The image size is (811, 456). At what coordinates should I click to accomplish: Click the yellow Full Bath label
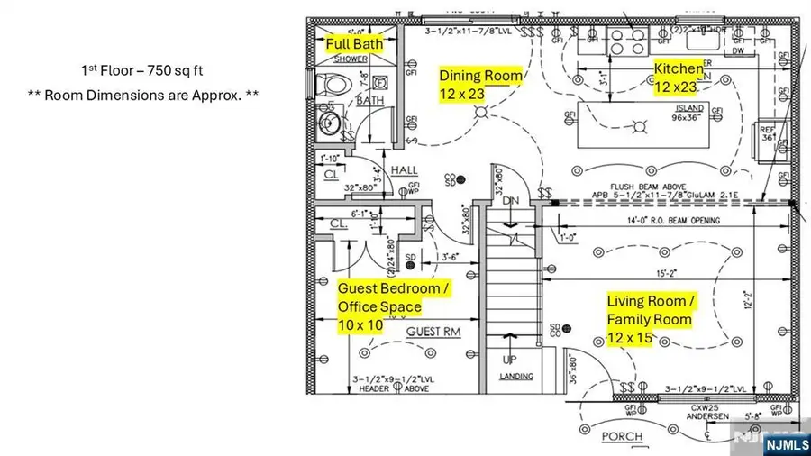tap(354, 43)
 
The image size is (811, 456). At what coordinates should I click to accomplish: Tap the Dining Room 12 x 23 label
tap(480, 86)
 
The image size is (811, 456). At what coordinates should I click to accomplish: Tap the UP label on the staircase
tap(509, 360)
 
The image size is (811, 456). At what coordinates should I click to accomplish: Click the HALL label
tap(404, 170)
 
